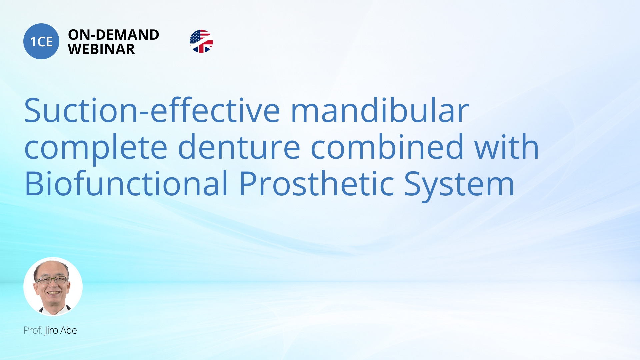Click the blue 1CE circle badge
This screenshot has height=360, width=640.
click(41, 41)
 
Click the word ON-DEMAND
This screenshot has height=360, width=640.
click(113, 35)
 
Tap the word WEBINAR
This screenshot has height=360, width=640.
click(101, 49)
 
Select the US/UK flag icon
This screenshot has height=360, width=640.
click(201, 41)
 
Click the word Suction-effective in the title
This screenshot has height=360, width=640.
click(152, 111)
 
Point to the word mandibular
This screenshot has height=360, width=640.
click(380, 111)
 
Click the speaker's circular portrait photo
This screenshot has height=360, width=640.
click(53, 286)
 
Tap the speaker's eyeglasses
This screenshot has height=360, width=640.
click(52, 280)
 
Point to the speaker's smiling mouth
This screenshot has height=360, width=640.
click(53, 293)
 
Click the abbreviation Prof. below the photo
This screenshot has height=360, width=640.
click(33, 330)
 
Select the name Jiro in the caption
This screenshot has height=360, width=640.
click(51, 330)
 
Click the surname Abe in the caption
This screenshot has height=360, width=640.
click(69, 330)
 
